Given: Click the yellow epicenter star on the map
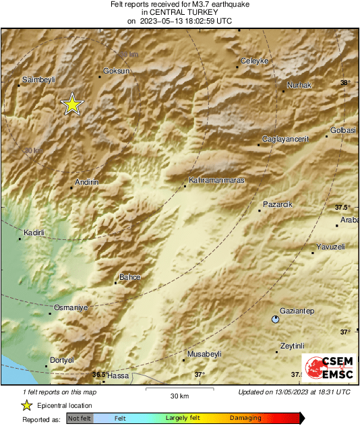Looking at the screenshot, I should click(x=71, y=104).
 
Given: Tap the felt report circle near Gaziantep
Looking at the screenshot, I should click(x=275, y=319).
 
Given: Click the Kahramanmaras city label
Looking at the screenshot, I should click(x=216, y=181).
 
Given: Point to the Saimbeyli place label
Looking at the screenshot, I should click(x=38, y=79).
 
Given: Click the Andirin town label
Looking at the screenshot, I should click(x=87, y=182).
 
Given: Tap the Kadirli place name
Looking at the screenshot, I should click(x=34, y=233).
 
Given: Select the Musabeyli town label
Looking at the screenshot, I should click(x=204, y=354).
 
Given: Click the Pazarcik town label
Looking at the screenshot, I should click(x=278, y=204).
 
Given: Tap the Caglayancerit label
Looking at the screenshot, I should click(x=284, y=139).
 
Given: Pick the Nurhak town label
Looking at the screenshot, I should click(x=299, y=85).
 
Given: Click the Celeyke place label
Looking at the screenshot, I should click(x=255, y=61).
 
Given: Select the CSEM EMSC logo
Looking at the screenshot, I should click(x=326, y=370).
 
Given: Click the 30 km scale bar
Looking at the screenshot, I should click(x=179, y=390).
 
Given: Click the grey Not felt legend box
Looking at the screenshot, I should click(x=80, y=418).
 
